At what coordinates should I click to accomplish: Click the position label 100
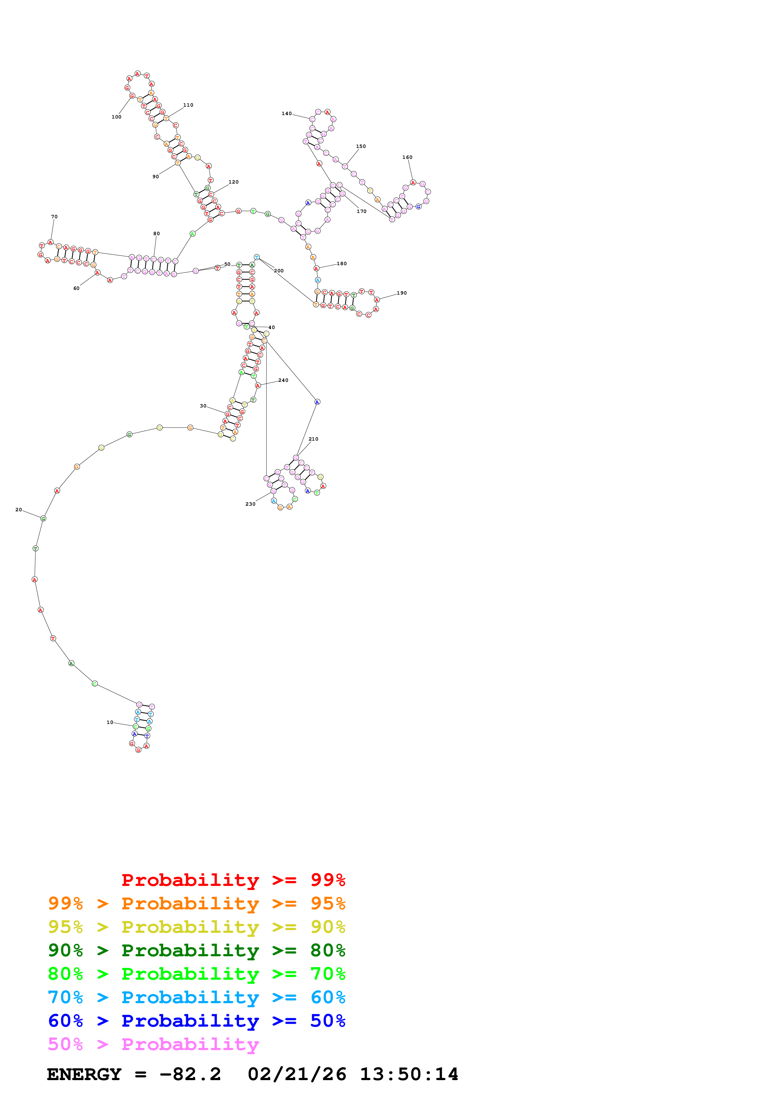[x=117, y=117]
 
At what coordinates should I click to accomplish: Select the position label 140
[x=286, y=114]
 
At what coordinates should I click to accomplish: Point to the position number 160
[x=407, y=158]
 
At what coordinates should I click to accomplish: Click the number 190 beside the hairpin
[x=402, y=293]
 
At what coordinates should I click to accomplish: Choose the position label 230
[x=250, y=504]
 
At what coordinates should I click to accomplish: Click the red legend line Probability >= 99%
[x=233, y=880]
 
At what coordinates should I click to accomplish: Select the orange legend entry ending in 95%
[x=196, y=903]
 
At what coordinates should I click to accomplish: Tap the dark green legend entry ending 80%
[x=196, y=950]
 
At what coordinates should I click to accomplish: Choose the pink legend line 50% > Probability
[x=153, y=1044]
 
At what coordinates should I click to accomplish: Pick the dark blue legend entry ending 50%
[x=196, y=1021]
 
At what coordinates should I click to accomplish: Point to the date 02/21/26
[x=297, y=1074]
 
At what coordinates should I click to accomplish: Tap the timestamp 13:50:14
[x=409, y=1074]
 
